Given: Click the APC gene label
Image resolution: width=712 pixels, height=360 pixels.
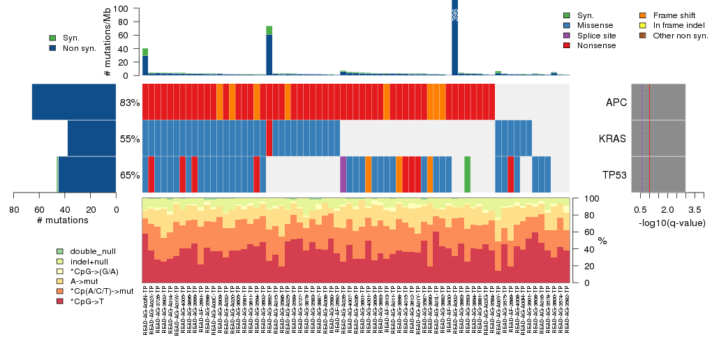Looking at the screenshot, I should pos(616,103).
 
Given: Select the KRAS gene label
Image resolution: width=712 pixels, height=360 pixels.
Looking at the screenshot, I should pos(613,139).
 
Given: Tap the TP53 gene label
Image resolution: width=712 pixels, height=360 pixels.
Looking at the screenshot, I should pos(614,175).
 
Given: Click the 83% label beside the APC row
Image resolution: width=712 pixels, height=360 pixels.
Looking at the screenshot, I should pos(130,103).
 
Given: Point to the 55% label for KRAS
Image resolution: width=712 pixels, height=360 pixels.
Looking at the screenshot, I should pos(130,139).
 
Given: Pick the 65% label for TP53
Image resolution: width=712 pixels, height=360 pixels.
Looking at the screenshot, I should pos(130,175).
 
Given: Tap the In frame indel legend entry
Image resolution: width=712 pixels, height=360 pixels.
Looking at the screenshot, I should pos(675,25).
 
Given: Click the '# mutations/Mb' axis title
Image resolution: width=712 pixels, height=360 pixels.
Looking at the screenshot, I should pos(107,42).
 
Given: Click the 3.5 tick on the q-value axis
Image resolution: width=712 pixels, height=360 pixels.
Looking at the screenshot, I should pos(695,210).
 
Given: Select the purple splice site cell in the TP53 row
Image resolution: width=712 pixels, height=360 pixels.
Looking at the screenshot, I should pos(343,174).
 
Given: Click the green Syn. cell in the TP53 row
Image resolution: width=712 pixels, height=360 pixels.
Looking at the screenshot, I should pos(467,174).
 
